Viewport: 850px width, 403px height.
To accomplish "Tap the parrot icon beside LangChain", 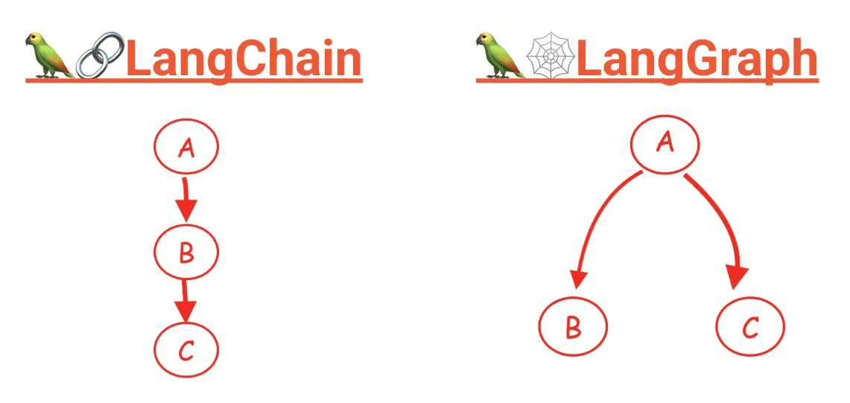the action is [46, 55].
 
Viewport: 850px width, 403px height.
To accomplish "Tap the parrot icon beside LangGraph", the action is [497, 55].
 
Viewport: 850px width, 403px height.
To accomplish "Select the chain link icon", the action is [100, 55].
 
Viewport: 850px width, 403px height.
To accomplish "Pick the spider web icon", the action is [550, 56].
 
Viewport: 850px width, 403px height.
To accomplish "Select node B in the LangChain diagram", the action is [186, 252].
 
